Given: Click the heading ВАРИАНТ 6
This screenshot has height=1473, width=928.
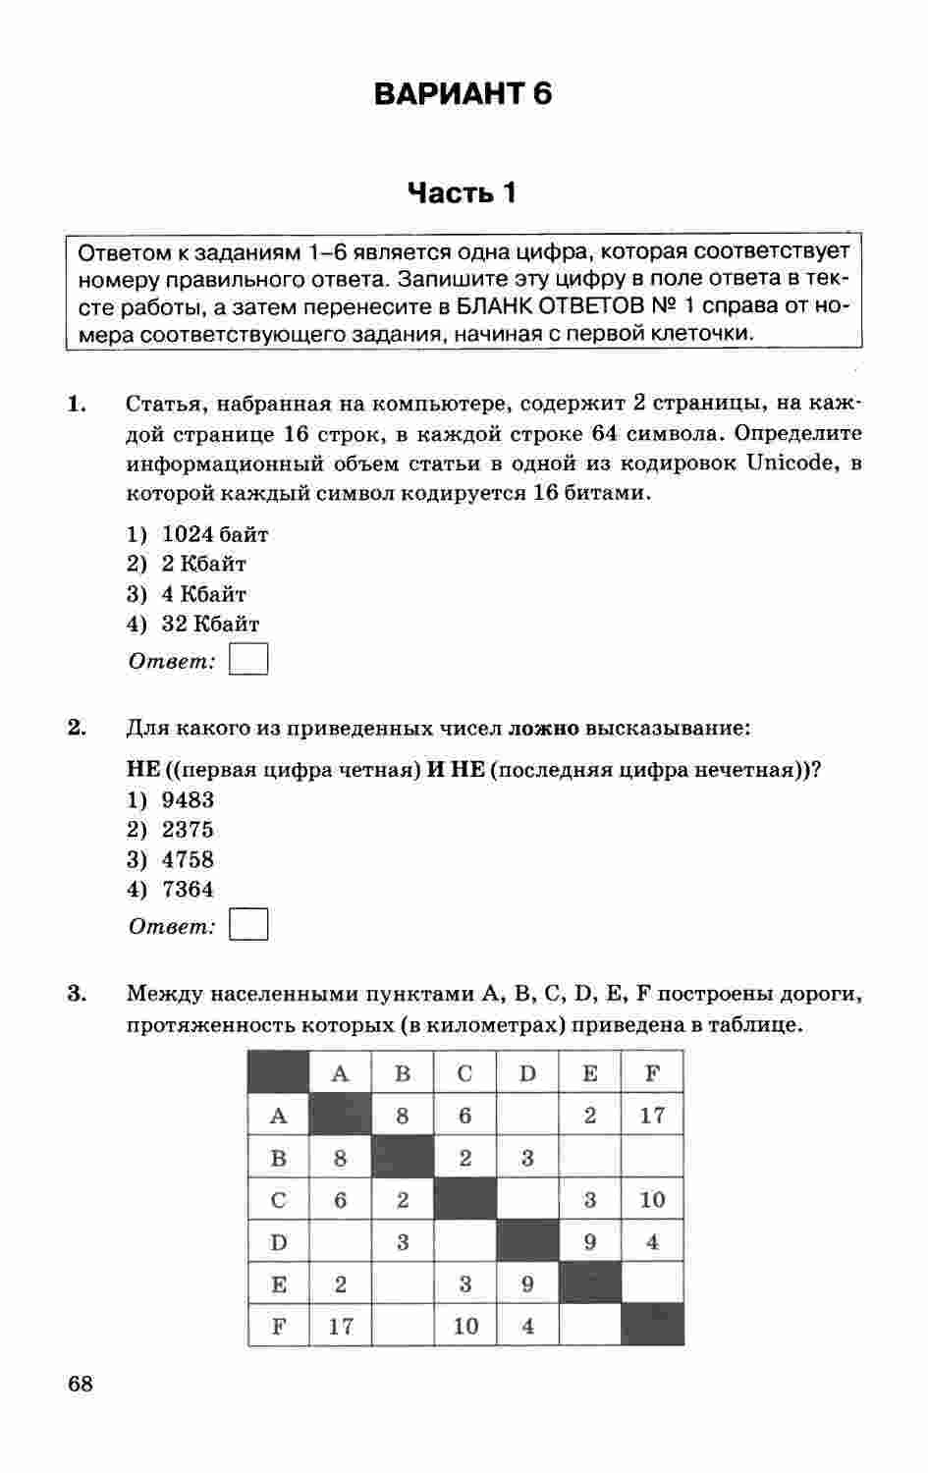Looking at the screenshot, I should click(x=463, y=94).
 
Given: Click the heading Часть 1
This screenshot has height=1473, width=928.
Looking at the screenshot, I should click(x=462, y=192).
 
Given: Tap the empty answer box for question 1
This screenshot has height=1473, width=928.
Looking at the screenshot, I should click(x=248, y=659).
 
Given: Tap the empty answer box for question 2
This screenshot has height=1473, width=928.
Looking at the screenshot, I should click(x=248, y=925).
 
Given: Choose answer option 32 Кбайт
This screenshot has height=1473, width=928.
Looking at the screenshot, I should click(x=210, y=624).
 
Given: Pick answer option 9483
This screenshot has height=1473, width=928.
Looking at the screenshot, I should click(x=188, y=799).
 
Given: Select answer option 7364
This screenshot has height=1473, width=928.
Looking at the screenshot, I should click(x=188, y=889).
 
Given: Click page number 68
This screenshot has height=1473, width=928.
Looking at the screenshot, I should click(x=81, y=1385).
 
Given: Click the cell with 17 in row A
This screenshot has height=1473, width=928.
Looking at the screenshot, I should click(x=652, y=1115).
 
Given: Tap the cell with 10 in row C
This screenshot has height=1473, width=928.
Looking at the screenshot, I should click(x=652, y=1199).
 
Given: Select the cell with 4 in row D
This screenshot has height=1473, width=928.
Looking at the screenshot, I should click(x=652, y=1241).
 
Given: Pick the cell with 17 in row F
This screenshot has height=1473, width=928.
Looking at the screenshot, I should click(x=341, y=1326).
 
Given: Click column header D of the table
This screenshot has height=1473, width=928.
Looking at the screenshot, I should click(x=527, y=1073).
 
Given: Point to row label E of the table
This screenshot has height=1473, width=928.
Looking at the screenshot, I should click(x=279, y=1283).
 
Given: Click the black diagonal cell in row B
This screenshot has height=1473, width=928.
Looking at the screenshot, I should click(x=403, y=1157).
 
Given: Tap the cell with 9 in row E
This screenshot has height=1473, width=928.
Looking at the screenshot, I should click(x=527, y=1283).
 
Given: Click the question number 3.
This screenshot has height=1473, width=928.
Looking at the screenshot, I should click(x=77, y=994).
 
